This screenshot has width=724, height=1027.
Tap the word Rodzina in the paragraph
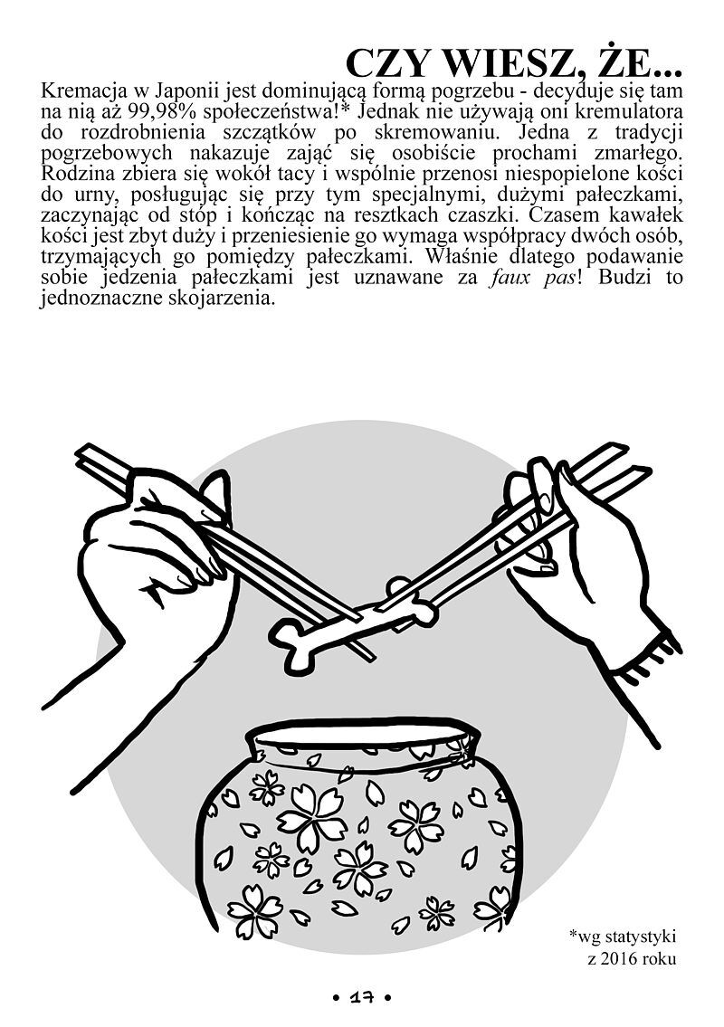coord(75,175)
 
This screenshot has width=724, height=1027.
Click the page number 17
coord(361,998)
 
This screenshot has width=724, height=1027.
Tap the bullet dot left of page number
coord(336,998)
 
